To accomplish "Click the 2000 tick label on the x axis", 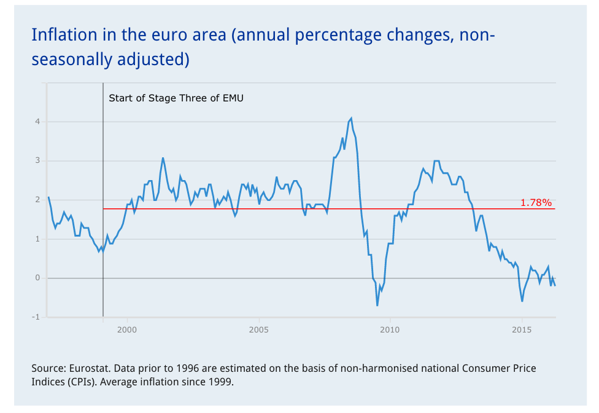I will (127, 330).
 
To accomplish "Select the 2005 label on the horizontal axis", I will (259, 330).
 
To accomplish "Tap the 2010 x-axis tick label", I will (390, 330).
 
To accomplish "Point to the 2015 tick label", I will (522, 330).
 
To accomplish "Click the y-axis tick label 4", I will (37, 122).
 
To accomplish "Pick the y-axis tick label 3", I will (37, 161).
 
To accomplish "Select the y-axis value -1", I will (36, 317).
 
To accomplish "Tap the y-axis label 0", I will (37, 278).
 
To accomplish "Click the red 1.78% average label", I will (536, 202).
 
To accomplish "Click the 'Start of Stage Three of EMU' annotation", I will (176, 98).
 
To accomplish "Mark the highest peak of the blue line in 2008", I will (351, 118).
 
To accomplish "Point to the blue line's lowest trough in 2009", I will (377, 305).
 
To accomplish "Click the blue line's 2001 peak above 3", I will (163, 158).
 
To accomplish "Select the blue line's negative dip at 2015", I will (522, 301).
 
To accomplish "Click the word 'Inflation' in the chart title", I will (60, 35).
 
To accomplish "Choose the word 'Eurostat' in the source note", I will (89, 369).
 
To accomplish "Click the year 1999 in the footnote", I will (221, 382).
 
